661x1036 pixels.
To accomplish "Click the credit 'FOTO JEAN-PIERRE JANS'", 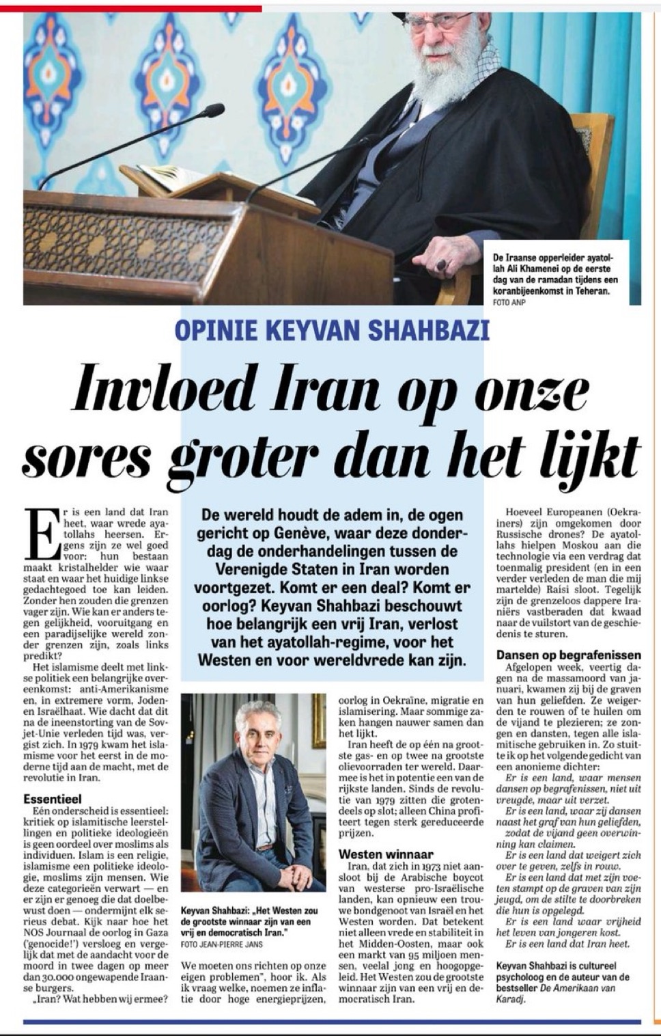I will tap(221, 944).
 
